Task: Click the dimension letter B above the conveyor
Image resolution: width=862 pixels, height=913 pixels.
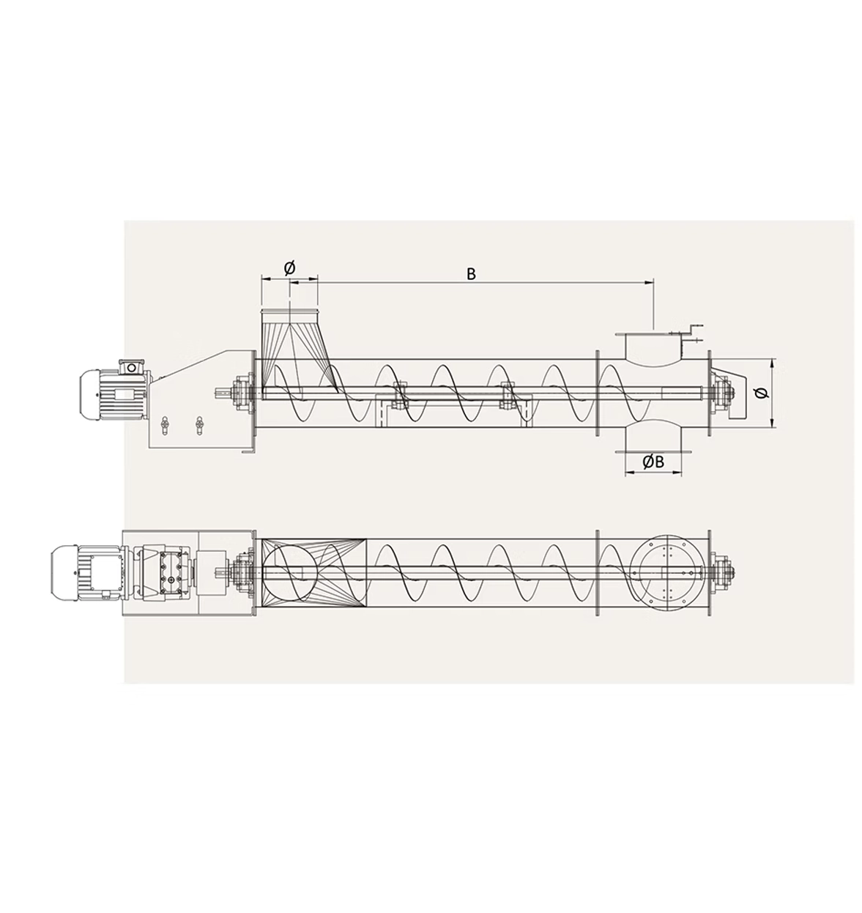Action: [471, 274]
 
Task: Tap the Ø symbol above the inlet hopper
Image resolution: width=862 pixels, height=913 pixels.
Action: [289, 268]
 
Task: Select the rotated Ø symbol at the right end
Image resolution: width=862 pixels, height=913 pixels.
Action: [762, 393]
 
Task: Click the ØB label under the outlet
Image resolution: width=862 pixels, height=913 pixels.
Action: [653, 462]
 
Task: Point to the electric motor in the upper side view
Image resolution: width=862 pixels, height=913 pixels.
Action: [114, 389]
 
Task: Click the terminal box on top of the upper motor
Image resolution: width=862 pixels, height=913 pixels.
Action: [131, 367]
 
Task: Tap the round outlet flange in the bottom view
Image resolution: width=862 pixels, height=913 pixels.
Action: [667, 572]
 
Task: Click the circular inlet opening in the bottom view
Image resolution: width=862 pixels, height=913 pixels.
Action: [290, 572]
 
